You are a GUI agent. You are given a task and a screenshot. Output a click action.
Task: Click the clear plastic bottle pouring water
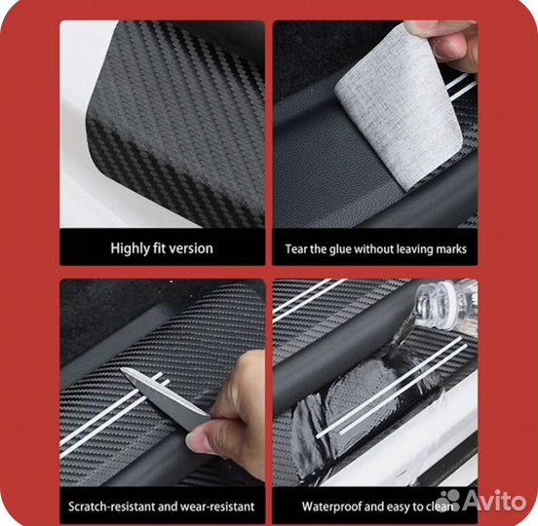tap(442, 306)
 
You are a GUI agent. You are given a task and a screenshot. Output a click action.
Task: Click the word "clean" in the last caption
tap(440, 507)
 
